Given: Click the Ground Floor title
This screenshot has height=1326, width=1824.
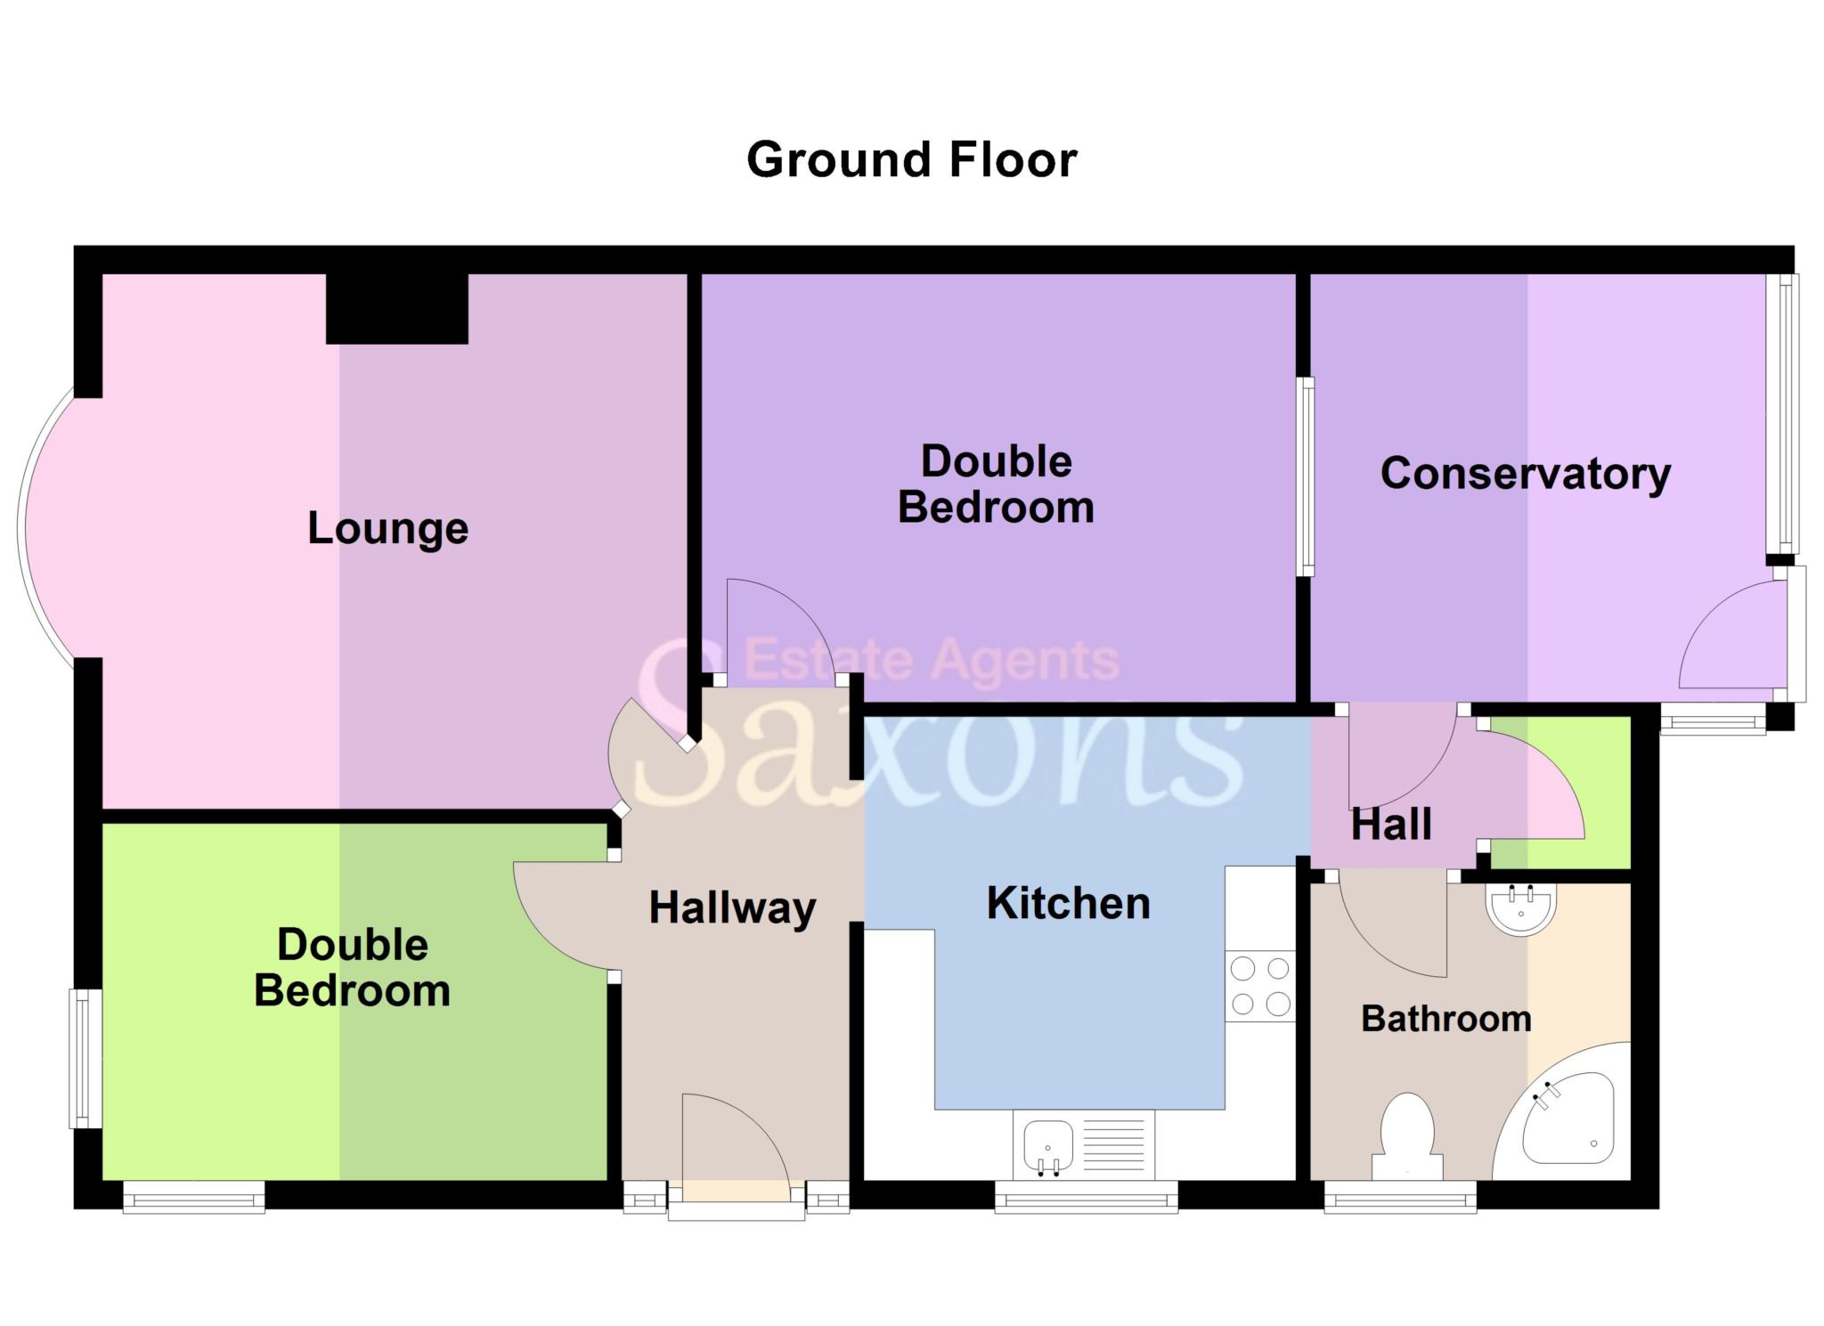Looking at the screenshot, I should pos(911,160).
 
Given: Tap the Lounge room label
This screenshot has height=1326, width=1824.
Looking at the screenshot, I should pos(387,528).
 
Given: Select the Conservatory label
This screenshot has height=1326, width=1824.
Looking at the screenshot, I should pos(1525,474).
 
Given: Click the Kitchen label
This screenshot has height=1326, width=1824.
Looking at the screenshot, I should pos(1068,903).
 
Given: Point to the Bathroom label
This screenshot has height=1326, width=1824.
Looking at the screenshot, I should pos(1445,1018).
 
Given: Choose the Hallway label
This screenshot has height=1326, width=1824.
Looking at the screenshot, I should pos(732,907).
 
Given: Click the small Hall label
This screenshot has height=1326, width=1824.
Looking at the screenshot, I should pos(1391,825).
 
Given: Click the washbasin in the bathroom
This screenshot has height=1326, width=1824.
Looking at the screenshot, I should pos(1521,908).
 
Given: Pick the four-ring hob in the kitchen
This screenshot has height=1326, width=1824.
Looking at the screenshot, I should pos(1259,985).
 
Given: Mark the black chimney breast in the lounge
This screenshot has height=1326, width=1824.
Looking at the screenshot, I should pos(396,308).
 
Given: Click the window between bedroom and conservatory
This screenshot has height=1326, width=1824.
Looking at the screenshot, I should pos(1305,476).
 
